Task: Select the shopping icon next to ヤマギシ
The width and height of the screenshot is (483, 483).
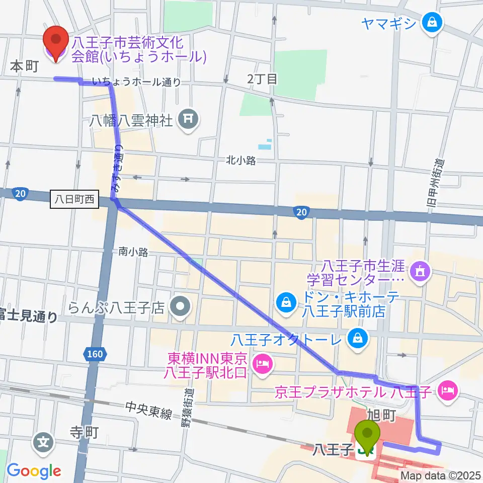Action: click(x=432, y=22)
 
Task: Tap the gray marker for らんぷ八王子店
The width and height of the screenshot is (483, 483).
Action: click(x=180, y=305)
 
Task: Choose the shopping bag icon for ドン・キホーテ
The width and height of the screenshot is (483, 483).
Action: click(x=285, y=302)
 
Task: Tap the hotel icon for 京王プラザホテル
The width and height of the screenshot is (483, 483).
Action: click(x=447, y=389)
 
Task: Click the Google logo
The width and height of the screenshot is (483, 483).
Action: click(x=34, y=471)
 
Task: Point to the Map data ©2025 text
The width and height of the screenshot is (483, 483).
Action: click(x=441, y=475)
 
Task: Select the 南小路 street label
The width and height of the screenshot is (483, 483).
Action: click(x=133, y=252)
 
